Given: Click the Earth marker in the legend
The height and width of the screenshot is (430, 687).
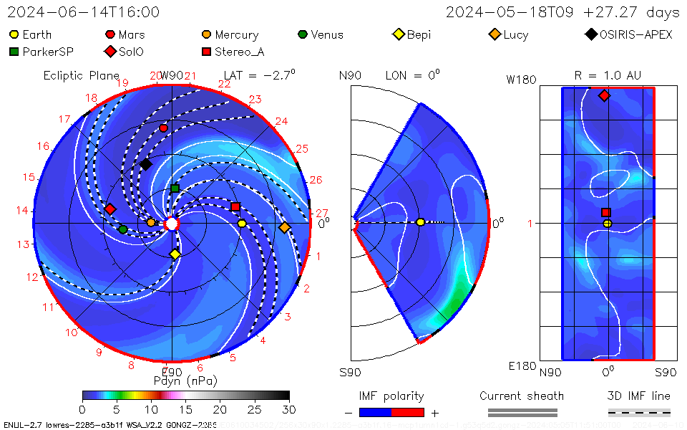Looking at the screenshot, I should pos(14,34).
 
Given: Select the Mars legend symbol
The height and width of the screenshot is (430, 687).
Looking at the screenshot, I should pos(110,34).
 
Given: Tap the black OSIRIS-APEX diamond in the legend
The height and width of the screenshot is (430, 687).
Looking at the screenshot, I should pos(590,34).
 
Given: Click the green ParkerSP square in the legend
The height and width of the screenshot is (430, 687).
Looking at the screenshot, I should pos(14,52).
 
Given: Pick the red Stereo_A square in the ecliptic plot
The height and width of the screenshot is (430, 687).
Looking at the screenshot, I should pos(235,207).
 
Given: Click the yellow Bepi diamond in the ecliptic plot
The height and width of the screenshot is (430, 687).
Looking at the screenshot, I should pos(175,254).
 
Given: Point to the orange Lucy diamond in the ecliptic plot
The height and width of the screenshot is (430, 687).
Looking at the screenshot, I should pos(284,228).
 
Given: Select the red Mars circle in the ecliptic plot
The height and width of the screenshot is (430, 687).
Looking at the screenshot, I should pos(163,128).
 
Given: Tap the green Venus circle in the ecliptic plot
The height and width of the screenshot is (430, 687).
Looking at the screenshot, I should pos(123,229).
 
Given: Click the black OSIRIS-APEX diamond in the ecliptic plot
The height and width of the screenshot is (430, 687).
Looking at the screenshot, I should pos(146,165).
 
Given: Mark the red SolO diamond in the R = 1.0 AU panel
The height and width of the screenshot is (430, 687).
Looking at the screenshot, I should pos(604,95).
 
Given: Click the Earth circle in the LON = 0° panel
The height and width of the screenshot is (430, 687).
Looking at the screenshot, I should pos(420,222).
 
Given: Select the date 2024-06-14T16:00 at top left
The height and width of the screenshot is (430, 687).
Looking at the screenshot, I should pos(84,12).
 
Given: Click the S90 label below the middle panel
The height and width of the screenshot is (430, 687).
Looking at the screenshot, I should pos(350,372).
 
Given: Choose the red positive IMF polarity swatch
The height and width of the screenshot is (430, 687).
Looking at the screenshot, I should pos(407,412).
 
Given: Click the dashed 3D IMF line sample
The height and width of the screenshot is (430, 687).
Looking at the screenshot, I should pos(639,412).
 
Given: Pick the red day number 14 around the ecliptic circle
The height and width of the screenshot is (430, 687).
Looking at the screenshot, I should pos(21,211).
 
